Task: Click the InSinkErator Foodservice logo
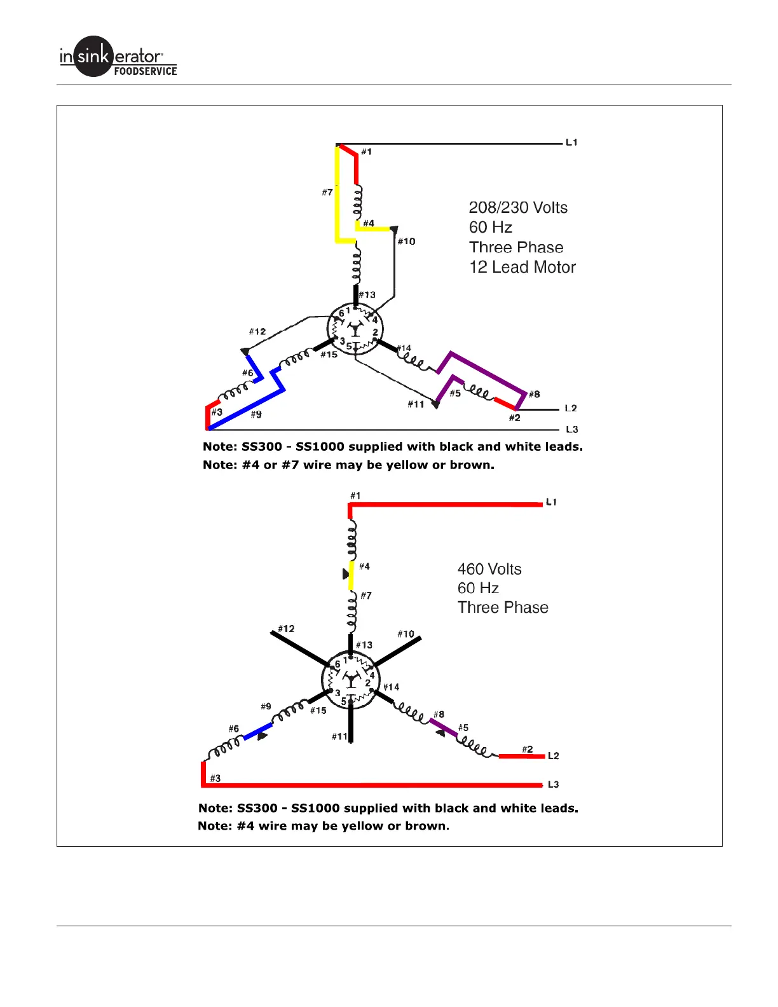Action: tap(118, 57)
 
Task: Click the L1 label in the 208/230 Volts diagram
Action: tap(571, 142)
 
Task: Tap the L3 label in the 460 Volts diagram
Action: tap(553, 784)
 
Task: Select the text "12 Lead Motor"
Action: tap(522, 268)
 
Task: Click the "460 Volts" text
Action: tap(489, 569)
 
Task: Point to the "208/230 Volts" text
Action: tap(518, 208)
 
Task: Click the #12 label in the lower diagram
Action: tap(286, 628)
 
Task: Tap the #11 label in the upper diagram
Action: tap(416, 404)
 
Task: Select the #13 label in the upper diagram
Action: tap(367, 295)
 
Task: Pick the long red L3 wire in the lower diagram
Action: tap(375, 785)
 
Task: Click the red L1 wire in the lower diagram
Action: tap(445, 505)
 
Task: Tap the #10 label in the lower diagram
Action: tap(406, 634)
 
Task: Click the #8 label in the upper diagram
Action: tap(534, 394)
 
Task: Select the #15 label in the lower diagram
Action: tap(318, 710)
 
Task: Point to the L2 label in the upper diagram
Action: tap(571, 408)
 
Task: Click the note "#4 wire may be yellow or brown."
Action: tap(323, 826)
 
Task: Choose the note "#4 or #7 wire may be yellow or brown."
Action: tap(348, 465)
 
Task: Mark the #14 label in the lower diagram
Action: tap(391, 687)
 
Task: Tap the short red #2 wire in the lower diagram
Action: tap(521, 757)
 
